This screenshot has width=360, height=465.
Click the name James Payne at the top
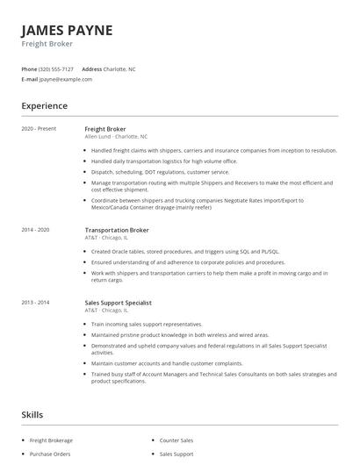point(67,30)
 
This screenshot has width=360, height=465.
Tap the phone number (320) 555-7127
point(57,68)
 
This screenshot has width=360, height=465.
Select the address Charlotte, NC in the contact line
point(120,68)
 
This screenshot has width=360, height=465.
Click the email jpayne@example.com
point(66,79)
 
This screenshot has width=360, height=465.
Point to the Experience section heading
point(44,106)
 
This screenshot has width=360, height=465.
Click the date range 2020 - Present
point(39,129)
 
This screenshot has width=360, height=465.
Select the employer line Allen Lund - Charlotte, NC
point(116,137)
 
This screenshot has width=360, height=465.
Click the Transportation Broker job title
point(117,230)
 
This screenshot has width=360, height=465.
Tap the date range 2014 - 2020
point(36,230)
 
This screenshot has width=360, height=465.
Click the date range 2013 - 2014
point(36,303)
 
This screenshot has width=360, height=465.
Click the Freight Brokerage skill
point(52,440)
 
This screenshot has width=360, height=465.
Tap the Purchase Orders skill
point(50,454)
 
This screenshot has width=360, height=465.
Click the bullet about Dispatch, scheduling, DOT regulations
point(160,172)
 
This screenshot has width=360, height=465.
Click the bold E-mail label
point(30,79)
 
